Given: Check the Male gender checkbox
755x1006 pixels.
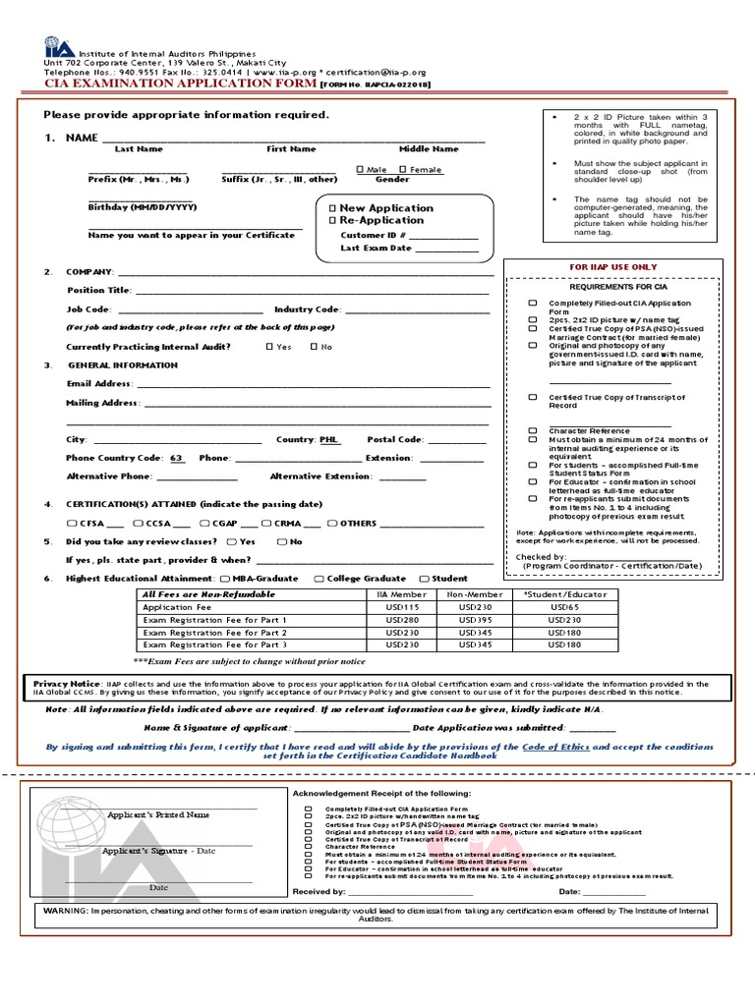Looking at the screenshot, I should pyautogui.click(x=360, y=170).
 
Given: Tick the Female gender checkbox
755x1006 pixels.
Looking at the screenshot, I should pyautogui.click(x=403, y=170).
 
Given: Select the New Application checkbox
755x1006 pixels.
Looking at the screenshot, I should pyautogui.click(x=332, y=208).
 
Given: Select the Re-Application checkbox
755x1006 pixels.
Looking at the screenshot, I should pyautogui.click(x=332, y=220).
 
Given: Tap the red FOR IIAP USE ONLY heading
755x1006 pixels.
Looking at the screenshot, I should pyautogui.click(x=613, y=267).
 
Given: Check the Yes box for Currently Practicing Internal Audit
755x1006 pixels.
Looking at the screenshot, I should pyautogui.click(x=270, y=347).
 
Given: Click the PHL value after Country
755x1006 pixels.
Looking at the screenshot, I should pyautogui.click(x=330, y=440).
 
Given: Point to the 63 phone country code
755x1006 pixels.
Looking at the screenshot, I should pyautogui.click(x=177, y=459).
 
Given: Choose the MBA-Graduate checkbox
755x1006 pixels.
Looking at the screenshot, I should pyautogui.click(x=227, y=579).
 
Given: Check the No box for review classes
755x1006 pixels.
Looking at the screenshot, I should pyautogui.click(x=282, y=541).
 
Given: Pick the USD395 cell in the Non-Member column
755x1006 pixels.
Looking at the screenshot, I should pyautogui.click(x=476, y=621).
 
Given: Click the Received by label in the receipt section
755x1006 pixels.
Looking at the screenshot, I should pyautogui.click(x=319, y=892).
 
